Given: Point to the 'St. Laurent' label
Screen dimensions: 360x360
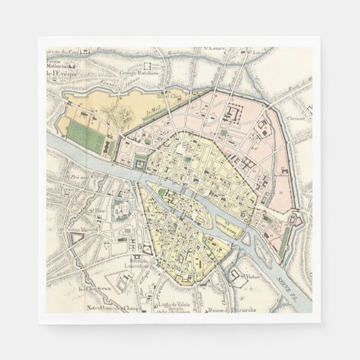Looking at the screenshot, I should (x=258, y=52).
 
